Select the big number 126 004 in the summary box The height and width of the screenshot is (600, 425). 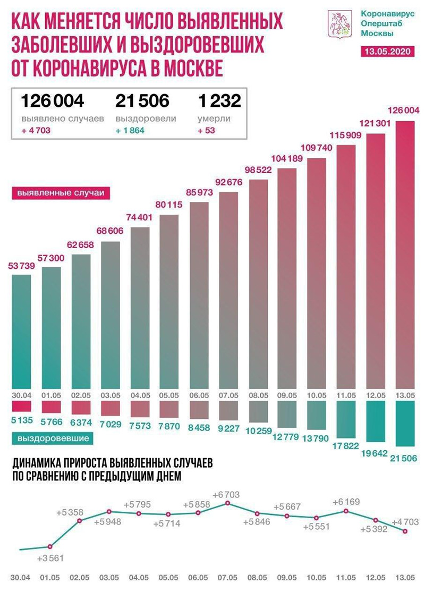pos(52,100)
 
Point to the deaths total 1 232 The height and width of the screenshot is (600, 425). pos(219,100)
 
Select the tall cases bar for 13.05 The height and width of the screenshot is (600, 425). pos(406,255)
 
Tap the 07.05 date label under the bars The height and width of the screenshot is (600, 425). pos(228,394)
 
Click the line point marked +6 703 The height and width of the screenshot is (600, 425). pos(228,503)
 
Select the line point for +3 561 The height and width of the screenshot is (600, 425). pos(50,546)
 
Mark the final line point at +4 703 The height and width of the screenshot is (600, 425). pos(406,530)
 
